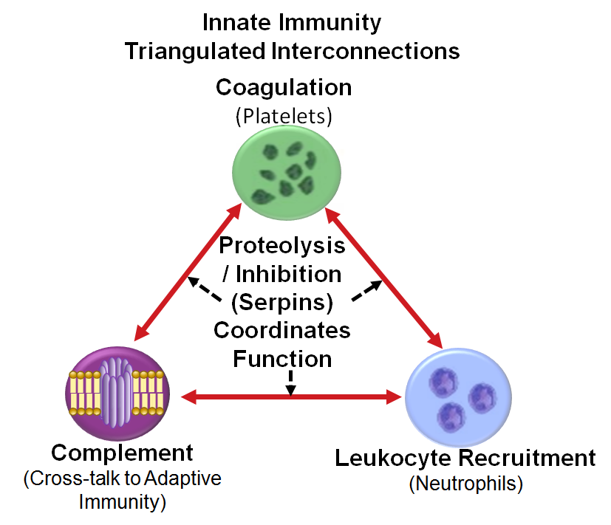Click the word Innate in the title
point(236,22)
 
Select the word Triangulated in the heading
point(195,52)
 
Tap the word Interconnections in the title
point(366,51)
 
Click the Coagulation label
point(284,88)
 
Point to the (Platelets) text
point(284,116)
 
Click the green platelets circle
point(287,173)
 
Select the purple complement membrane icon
point(117,394)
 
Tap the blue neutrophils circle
point(458,397)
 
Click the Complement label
point(122,453)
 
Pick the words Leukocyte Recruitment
point(465,458)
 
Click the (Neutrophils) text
point(465,484)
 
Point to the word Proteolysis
point(282,246)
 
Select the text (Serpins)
point(282,303)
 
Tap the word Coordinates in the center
point(282,330)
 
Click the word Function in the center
point(282,359)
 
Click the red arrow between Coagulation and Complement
point(188,272)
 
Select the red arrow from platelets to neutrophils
point(384,278)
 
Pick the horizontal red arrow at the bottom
point(291,397)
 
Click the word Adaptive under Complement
point(182,478)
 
